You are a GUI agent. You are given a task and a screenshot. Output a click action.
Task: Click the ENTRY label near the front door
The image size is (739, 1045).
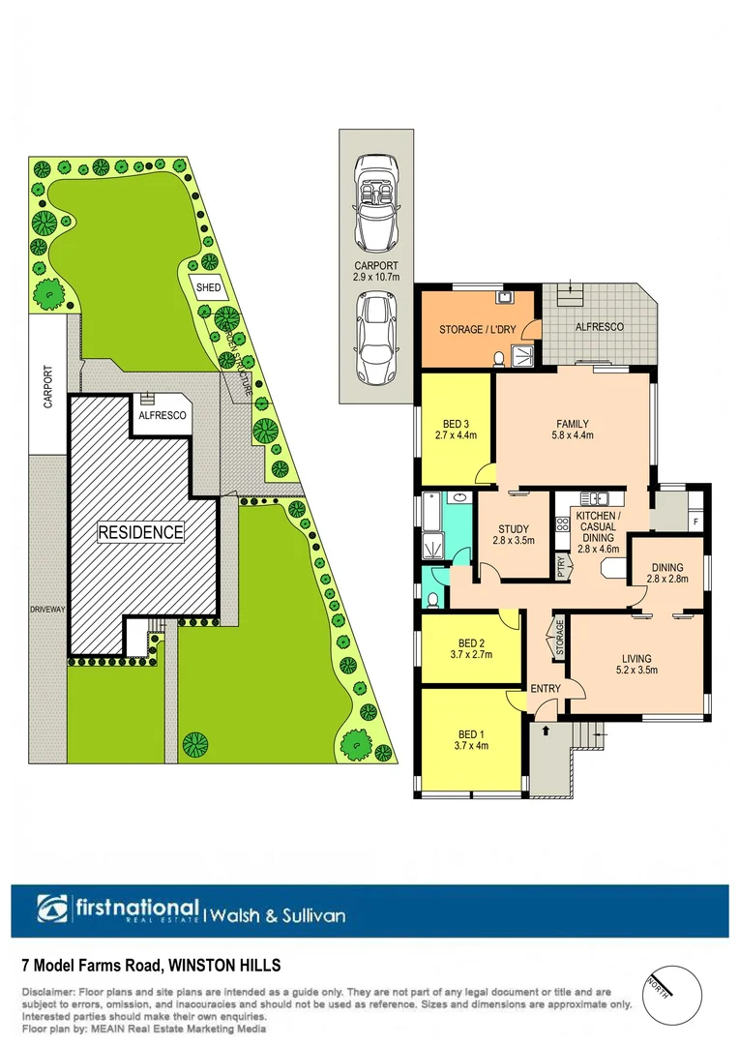click(547, 688)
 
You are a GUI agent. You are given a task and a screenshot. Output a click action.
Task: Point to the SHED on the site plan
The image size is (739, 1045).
click(208, 288)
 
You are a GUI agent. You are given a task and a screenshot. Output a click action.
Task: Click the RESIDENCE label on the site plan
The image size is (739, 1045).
click(139, 531)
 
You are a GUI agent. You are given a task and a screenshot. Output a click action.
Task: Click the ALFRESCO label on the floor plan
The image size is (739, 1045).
click(600, 327)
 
